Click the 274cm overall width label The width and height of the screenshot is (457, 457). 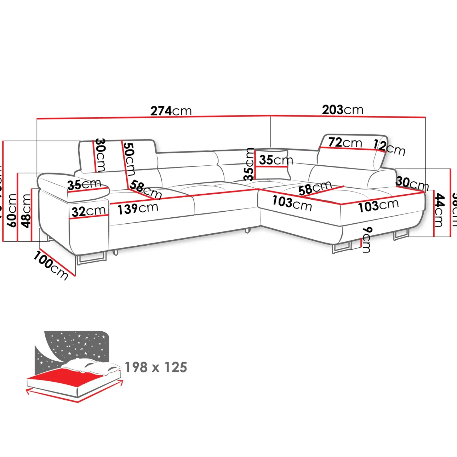(171, 111)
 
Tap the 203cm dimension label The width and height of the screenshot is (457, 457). (342, 110)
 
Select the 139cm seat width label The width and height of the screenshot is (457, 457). (138, 209)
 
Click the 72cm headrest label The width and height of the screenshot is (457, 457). (345, 142)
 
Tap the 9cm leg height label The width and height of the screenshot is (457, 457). (367, 240)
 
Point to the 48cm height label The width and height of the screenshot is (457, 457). (26, 211)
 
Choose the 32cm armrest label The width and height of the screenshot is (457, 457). (89, 212)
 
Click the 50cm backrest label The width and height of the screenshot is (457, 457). (129, 159)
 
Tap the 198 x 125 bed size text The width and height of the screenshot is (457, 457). (156, 367)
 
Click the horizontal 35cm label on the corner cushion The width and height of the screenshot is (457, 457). (276, 160)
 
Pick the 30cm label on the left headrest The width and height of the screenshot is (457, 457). (100, 155)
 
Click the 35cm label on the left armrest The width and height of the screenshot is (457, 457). (84, 184)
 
